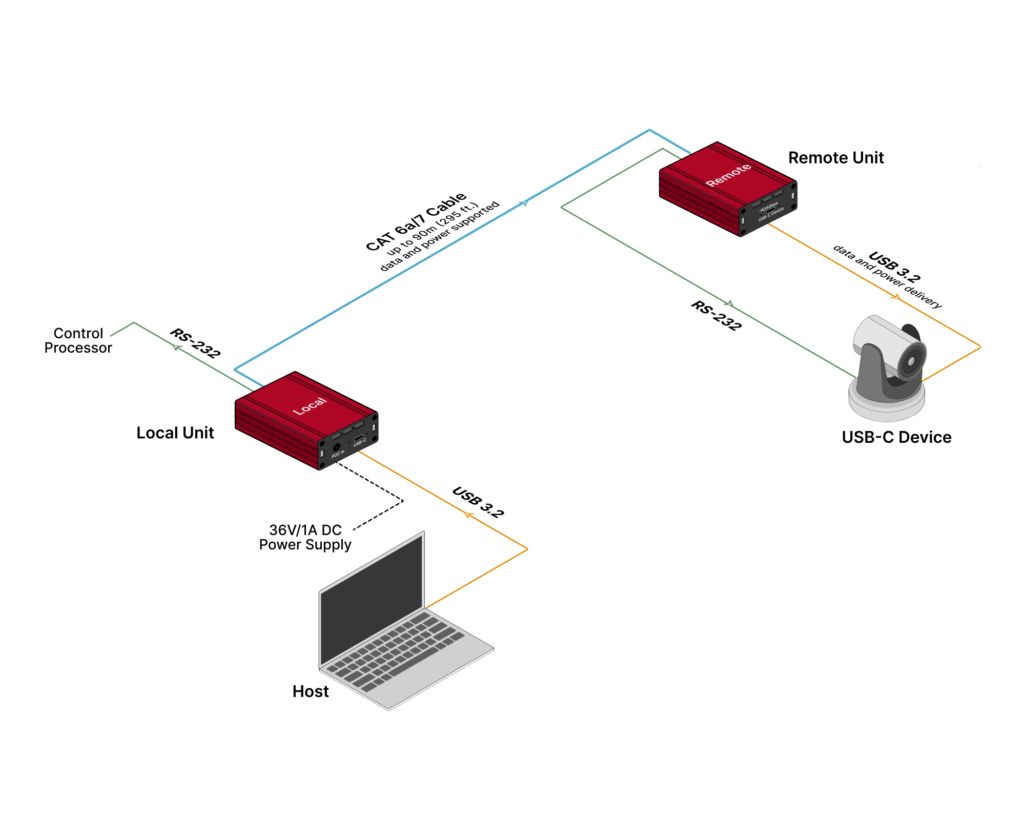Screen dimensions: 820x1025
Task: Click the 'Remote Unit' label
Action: [835, 158]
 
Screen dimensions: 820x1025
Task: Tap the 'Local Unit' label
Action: [175, 433]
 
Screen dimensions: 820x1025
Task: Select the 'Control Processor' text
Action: [78, 341]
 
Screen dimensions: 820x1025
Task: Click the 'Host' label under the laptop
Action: [310, 691]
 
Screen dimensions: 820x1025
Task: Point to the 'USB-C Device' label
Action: [896, 437]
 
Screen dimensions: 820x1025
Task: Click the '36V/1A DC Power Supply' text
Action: [305, 538]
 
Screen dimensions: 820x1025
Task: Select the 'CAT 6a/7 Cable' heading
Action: [416, 222]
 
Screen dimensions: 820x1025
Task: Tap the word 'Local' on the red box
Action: [309, 406]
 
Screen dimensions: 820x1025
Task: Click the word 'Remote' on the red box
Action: [728, 175]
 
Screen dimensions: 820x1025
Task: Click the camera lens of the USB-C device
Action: [911, 361]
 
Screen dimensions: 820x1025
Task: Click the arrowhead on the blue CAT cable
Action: [523, 203]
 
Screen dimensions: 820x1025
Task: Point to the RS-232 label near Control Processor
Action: [195, 343]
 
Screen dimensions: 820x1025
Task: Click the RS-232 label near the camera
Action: [716, 316]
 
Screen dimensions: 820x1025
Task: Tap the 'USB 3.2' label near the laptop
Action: [478, 502]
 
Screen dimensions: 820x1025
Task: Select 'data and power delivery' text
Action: [887, 277]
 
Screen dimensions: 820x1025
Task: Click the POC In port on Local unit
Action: [337, 447]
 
